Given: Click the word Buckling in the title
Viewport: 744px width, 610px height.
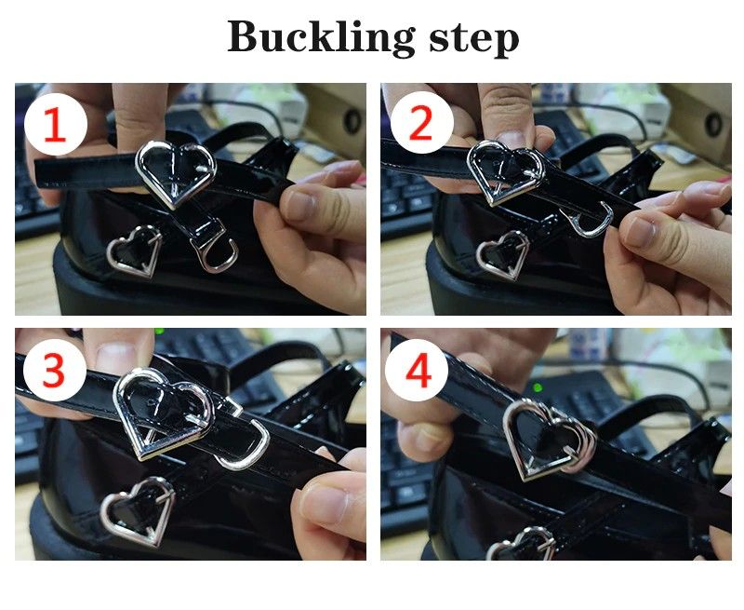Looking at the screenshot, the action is click(x=321, y=38).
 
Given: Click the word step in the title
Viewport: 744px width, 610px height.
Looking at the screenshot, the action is click(x=473, y=39).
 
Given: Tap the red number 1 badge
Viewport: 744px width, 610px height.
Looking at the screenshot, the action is click(x=56, y=125).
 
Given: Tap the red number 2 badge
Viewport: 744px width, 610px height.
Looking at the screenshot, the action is click(x=421, y=123).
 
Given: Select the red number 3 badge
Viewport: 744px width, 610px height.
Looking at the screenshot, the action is click(x=54, y=370).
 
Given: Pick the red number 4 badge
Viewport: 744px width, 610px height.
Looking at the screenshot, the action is click(x=417, y=371).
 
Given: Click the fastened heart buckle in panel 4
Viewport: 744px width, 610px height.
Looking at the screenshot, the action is click(x=512, y=437).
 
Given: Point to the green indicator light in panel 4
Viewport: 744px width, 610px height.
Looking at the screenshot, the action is click(x=538, y=387).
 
